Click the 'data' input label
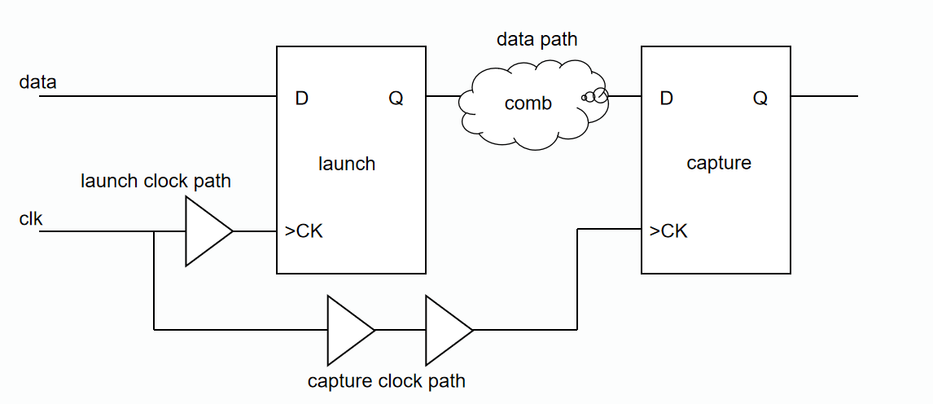click(37, 81)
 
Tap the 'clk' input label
click(31, 218)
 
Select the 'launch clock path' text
click(155, 181)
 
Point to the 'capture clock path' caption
click(387, 381)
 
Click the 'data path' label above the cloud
click(537, 39)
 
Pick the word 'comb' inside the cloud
click(528, 103)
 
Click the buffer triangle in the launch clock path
click(205, 231)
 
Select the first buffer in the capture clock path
click(347, 330)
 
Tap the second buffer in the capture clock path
click(445, 330)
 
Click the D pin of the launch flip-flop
click(302, 99)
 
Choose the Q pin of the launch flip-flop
click(396, 99)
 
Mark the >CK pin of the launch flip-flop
click(304, 231)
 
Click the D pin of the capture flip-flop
click(667, 99)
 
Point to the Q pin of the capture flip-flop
click(760, 99)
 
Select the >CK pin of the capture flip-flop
click(668, 231)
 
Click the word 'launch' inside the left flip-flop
click(347, 164)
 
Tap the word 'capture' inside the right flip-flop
click(719, 163)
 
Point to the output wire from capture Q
click(824, 96)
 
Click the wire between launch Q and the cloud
click(442, 96)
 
